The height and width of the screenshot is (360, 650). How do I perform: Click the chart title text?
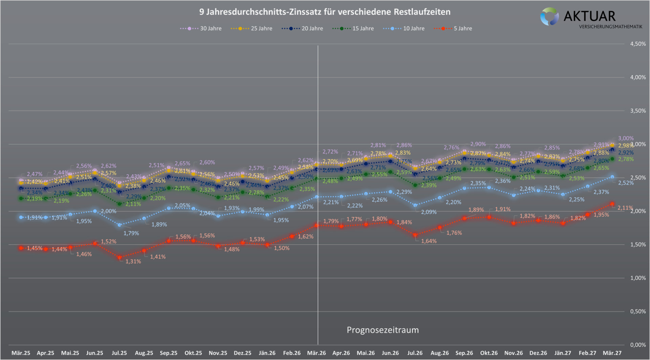point(325,12)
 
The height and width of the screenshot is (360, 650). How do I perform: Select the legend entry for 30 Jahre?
point(201,28)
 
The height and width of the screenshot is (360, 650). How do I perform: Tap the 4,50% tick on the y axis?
point(637,44)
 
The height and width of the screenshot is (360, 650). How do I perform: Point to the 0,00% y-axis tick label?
point(637,345)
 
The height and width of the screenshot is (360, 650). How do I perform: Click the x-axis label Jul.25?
point(119,353)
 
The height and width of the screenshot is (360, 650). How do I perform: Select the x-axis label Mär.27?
point(612,353)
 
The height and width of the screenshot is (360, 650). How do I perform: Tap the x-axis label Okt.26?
point(489,353)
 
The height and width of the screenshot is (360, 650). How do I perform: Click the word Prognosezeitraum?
point(383,330)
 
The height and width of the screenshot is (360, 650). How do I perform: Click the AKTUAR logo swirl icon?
point(549,17)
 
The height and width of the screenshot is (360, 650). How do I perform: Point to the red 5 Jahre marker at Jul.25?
point(120,258)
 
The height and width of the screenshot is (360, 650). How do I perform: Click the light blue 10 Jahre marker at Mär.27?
point(612,177)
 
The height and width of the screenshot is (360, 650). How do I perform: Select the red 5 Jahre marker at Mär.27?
point(612,204)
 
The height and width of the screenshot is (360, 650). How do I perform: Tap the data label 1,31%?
point(133,261)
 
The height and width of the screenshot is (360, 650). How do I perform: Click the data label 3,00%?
point(626,138)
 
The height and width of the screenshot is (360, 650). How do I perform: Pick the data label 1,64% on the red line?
point(429,241)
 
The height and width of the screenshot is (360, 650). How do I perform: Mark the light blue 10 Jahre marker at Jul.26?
point(415,205)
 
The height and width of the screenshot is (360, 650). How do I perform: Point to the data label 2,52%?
point(626,183)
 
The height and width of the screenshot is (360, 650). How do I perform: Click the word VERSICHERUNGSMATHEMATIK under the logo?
point(610,26)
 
